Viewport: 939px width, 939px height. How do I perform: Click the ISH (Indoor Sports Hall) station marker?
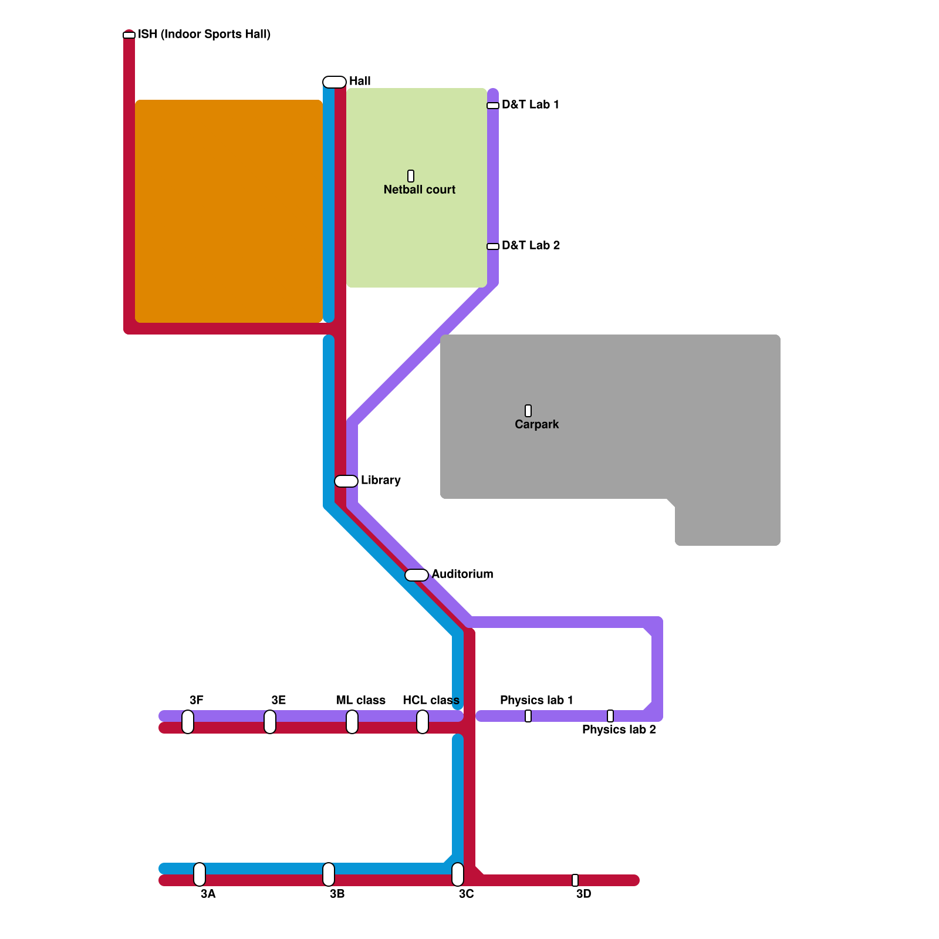pos(129,35)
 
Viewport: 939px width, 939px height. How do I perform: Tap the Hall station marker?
pos(335,82)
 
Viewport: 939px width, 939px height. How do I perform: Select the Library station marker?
pos(346,481)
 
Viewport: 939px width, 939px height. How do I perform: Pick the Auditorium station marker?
pos(417,575)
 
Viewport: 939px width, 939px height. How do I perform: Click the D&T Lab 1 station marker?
pos(493,106)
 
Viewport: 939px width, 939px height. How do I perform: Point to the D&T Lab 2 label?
pos(531,245)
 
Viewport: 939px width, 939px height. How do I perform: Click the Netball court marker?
pos(411,176)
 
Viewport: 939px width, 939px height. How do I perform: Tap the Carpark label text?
pos(536,424)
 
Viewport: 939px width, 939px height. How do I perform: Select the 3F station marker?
pos(188,722)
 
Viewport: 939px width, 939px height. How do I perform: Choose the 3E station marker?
pos(270,722)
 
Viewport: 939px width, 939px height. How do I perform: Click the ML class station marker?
pos(352,722)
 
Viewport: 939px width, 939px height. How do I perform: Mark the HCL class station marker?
pos(423,722)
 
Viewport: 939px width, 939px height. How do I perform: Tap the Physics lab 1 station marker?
pos(528,716)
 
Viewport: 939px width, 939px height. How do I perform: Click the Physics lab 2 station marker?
pos(610,716)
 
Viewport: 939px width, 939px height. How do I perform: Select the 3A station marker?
pos(200,874)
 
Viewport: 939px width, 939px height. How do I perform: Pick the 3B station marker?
pos(329,874)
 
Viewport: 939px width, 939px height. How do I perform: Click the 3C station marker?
pos(458,874)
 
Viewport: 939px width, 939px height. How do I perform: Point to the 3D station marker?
pos(575,880)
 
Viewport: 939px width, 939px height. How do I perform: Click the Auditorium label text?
pos(462,574)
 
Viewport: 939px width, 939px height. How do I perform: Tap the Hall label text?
pos(360,81)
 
